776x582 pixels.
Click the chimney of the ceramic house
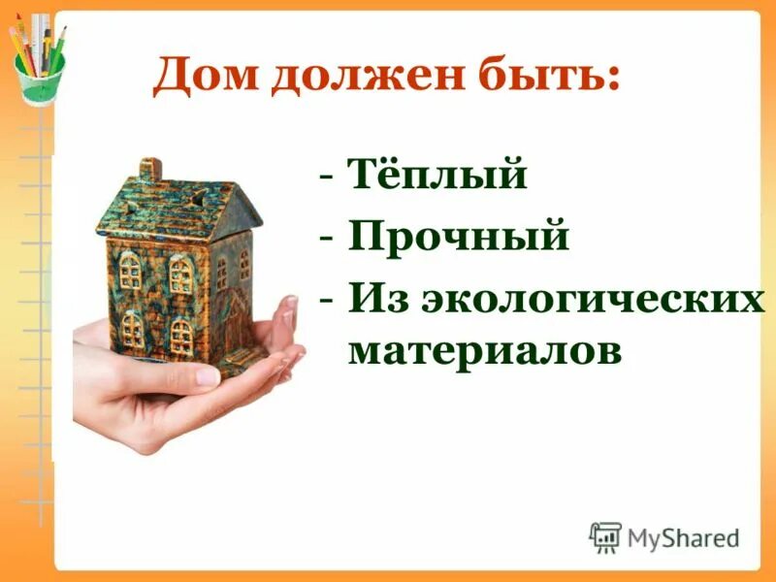(150, 171)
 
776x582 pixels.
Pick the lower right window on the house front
(182, 335)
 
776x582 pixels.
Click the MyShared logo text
(683, 537)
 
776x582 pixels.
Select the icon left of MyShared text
(605, 537)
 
